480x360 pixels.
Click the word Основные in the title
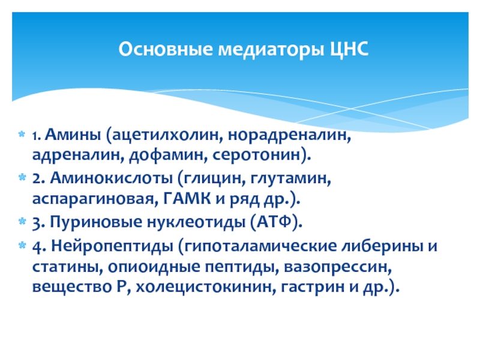(x=166, y=49)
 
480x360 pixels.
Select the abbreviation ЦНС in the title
(x=349, y=50)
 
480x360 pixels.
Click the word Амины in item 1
(x=73, y=134)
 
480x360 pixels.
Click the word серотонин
(x=258, y=155)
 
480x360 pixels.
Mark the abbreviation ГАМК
(x=187, y=199)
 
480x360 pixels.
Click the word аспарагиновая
(x=95, y=199)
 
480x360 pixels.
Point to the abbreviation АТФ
(x=274, y=221)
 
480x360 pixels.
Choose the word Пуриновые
(x=96, y=222)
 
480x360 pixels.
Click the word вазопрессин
(x=338, y=267)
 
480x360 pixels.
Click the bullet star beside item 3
(x=22, y=221)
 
